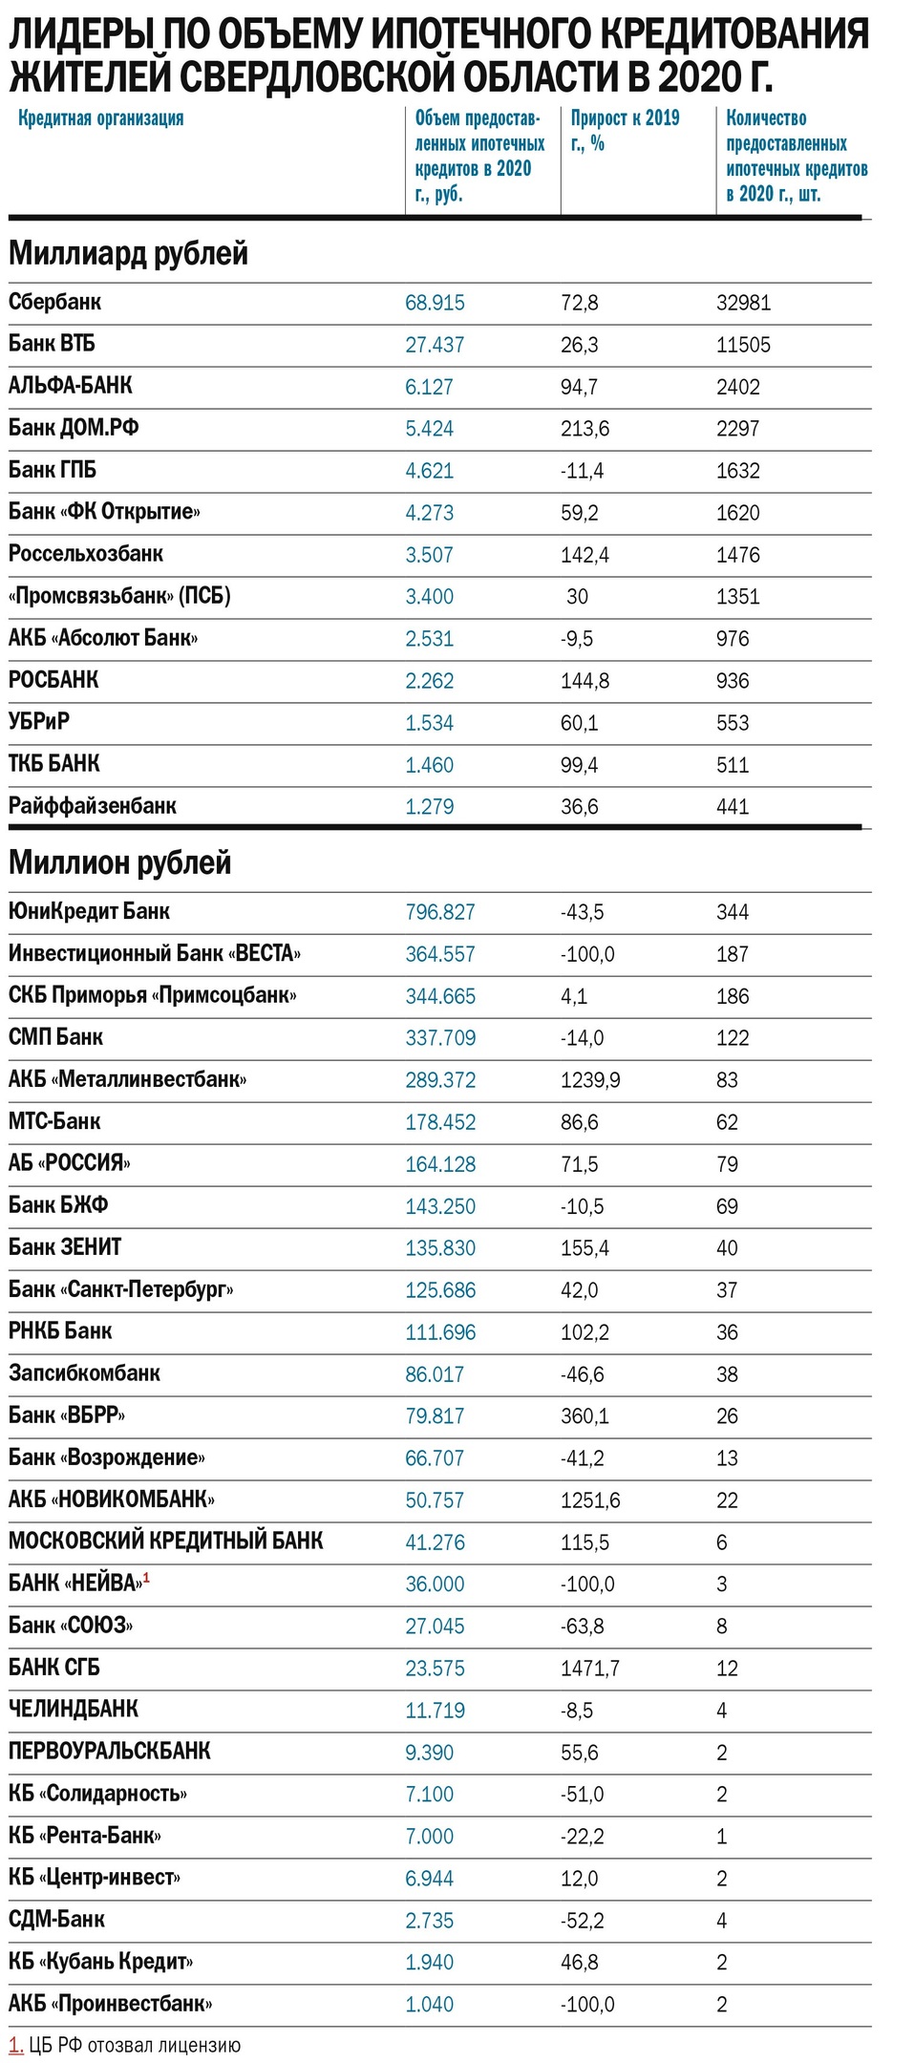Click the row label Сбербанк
click(x=54, y=303)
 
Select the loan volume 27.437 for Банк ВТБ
click(x=435, y=345)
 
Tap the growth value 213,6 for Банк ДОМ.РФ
click(x=585, y=429)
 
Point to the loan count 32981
click(x=743, y=303)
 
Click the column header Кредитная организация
click(x=100, y=118)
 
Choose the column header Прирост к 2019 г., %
click(x=625, y=131)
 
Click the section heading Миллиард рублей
click(x=128, y=253)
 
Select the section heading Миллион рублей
click(x=119, y=862)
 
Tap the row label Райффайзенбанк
click(x=92, y=806)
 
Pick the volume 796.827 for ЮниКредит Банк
click(x=439, y=912)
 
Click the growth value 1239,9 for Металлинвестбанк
click(x=590, y=1080)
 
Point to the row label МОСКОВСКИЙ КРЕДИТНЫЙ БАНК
click(x=165, y=1542)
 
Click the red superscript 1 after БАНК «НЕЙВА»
click(x=147, y=1577)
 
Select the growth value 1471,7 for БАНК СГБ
click(x=590, y=1669)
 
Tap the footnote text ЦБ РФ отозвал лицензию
click(x=135, y=2045)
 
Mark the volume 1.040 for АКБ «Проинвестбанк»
click(x=429, y=2005)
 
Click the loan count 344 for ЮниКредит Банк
click(x=733, y=912)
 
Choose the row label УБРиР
click(x=39, y=722)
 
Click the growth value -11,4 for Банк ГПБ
click(x=582, y=471)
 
